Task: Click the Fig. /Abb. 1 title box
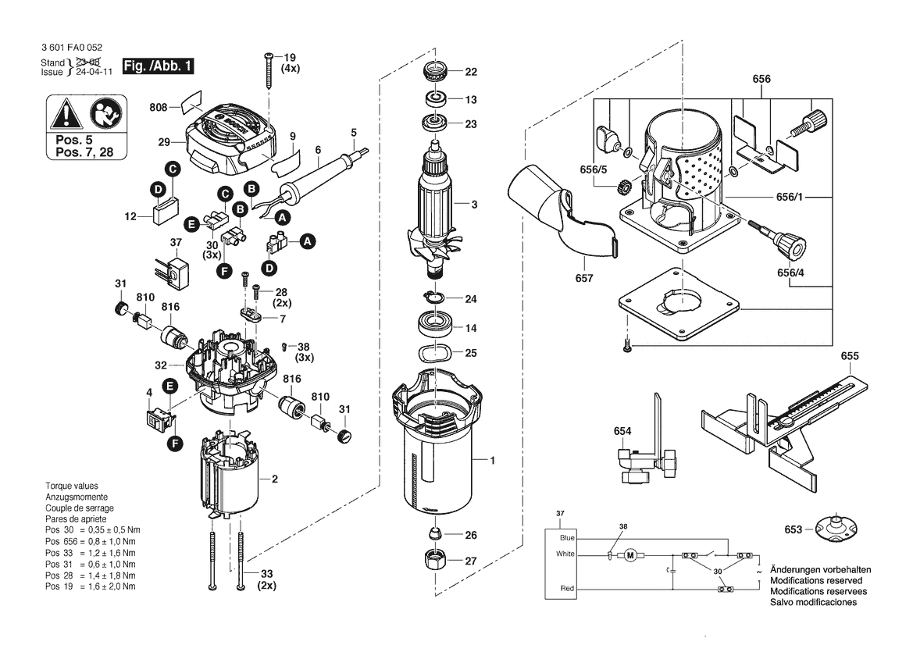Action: [158, 66]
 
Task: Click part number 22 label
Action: [471, 72]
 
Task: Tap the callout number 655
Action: [850, 355]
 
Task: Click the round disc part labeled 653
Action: [836, 527]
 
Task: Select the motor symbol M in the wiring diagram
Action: [629, 555]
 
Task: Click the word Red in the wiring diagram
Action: [567, 588]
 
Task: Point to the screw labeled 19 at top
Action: [269, 71]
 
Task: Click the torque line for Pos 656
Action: [91, 541]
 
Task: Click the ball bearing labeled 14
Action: [436, 323]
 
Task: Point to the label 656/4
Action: [790, 273]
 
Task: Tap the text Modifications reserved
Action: [815, 580]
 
